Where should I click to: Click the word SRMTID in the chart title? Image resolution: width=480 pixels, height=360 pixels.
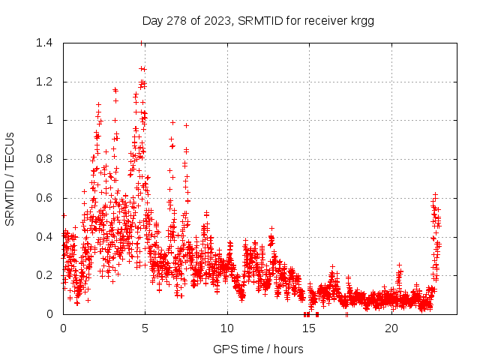[x=258, y=21]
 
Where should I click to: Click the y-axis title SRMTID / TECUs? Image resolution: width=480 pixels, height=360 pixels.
[x=10, y=178]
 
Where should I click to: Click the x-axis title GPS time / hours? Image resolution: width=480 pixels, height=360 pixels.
[x=258, y=348]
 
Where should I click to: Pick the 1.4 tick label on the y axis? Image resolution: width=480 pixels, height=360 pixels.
[x=46, y=43]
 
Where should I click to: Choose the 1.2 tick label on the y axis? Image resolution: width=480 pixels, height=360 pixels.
[x=46, y=82]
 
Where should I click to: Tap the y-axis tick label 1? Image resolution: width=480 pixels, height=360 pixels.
[x=52, y=120]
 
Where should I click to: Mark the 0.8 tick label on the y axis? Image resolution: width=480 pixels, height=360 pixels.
[x=46, y=159]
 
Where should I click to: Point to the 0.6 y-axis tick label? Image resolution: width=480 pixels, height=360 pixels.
[x=46, y=198]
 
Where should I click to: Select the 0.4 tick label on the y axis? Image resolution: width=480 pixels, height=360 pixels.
[x=46, y=236]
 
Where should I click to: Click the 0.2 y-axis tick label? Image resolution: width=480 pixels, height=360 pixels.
[x=46, y=275]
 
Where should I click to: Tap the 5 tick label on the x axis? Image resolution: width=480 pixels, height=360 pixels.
[x=145, y=328]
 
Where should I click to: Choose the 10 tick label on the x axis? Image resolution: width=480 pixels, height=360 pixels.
[x=227, y=328]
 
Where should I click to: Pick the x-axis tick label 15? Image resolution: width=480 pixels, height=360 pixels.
[x=310, y=328]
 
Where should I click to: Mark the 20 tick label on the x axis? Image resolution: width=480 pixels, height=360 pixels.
[x=391, y=328]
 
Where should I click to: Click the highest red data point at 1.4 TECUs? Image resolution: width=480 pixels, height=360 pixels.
[x=142, y=43]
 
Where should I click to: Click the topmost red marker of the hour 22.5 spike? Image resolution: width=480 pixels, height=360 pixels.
[x=434, y=194]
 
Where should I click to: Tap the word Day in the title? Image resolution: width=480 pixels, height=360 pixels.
[x=152, y=21]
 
